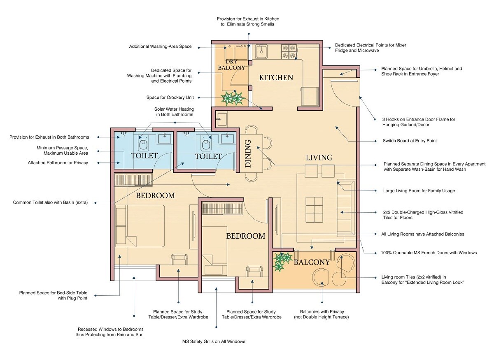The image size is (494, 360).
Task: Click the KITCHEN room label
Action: point(276,77)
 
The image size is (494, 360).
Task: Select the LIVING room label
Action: point(319,158)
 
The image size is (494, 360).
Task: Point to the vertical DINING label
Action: point(248,154)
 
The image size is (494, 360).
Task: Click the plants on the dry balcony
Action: point(232,98)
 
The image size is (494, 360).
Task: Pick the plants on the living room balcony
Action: point(283,262)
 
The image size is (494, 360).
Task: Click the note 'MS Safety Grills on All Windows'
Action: point(214,341)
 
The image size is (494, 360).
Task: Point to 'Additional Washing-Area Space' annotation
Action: point(160,46)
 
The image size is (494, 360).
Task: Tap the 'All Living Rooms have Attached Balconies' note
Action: point(423,234)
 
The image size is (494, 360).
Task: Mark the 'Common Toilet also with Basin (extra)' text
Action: point(50,202)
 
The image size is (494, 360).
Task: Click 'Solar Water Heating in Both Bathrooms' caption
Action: point(174,112)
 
